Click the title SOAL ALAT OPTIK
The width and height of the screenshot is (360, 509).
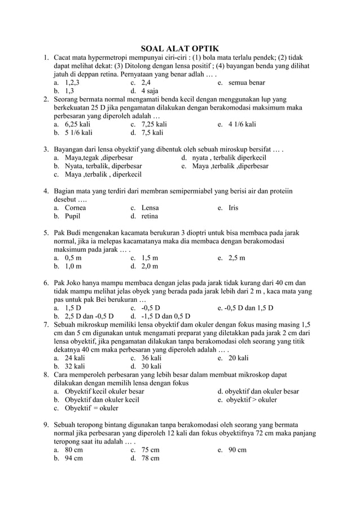coord(179,49)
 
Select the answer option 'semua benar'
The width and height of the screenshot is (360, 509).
coord(247,82)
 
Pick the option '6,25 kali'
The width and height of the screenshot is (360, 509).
coord(78,124)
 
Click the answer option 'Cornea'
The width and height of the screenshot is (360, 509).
coord(75,208)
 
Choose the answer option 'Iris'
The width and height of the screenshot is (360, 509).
coord(233,208)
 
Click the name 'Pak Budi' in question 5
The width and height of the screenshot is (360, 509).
coord(68,232)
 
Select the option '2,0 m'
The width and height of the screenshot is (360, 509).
coord(150,266)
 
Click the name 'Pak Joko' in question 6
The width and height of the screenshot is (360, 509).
coord(68,283)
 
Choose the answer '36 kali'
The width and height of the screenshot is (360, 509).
coord(151,358)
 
